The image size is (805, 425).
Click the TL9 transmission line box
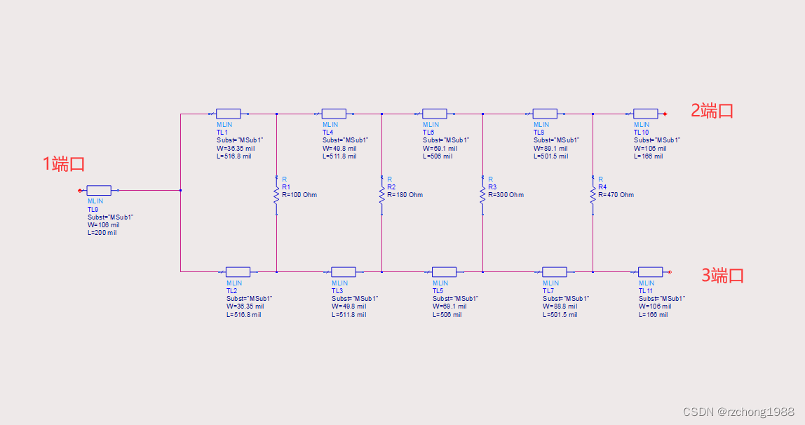tap(99, 190)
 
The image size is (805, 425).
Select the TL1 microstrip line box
tap(228, 114)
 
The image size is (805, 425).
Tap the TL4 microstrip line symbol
tap(334, 114)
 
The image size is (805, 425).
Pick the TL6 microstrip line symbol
tap(434, 114)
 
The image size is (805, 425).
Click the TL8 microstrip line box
tap(545, 114)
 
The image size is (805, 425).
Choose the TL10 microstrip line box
tap(645, 114)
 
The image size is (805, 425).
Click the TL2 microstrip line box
tap(238, 272)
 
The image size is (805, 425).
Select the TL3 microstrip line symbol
tap(344, 272)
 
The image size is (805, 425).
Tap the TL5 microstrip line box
tap(444, 272)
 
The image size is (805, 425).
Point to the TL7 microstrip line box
tap(554, 272)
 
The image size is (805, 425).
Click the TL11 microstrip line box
tap(650, 272)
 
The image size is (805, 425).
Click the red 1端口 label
tap(64, 165)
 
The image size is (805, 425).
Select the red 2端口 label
tap(712, 111)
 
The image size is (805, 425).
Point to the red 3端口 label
tap(722, 276)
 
